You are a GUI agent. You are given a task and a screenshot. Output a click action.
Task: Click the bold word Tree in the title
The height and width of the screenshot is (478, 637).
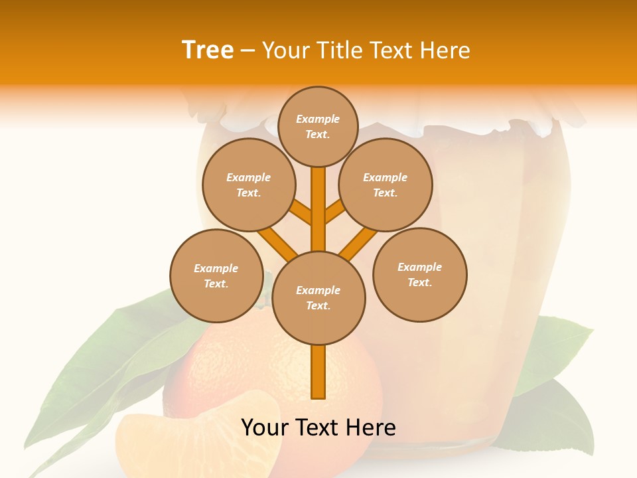click(x=208, y=50)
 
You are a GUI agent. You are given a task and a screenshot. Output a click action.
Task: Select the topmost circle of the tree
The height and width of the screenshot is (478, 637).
click(x=318, y=126)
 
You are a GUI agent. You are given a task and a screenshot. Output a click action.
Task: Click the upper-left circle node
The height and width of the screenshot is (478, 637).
click(x=248, y=185)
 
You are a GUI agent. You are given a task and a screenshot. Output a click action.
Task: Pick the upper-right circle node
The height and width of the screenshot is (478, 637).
click(x=386, y=185)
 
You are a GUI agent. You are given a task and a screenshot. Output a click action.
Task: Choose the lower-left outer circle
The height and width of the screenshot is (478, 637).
click(x=216, y=276)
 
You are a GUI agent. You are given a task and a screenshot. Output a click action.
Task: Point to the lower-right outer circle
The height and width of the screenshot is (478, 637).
click(x=420, y=274)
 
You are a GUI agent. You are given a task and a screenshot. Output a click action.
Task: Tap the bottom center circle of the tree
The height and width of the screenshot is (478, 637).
click(x=318, y=298)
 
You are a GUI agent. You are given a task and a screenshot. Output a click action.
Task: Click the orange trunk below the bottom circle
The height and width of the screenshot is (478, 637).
click(x=318, y=372)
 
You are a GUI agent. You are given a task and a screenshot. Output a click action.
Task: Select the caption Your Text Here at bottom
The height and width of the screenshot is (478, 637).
click(x=318, y=428)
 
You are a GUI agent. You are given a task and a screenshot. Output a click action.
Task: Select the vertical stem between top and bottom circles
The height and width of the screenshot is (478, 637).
click(x=318, y=209)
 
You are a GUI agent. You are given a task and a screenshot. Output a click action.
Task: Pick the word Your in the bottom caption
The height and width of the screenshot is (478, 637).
click(x=265, y=428)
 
